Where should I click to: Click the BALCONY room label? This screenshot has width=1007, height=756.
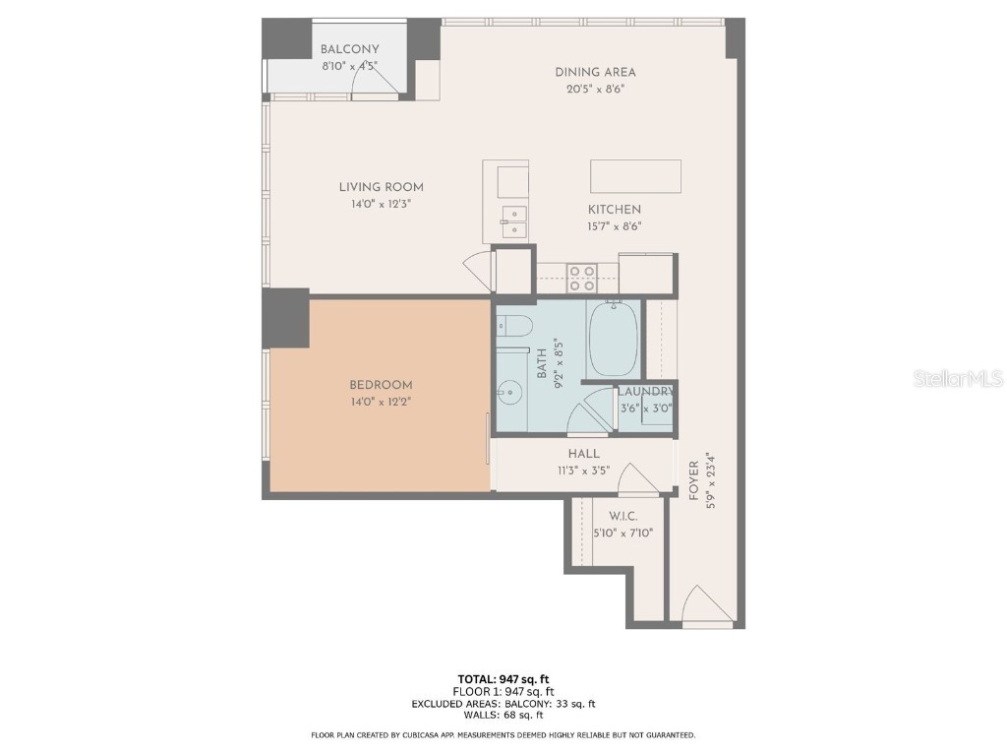click(349, 50)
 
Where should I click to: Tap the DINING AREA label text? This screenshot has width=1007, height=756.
click(595, 72)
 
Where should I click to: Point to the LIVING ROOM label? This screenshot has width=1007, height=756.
click(381, 187)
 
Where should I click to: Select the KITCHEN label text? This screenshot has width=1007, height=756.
click(614, 210)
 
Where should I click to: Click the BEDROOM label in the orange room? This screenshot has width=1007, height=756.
click(381, 385)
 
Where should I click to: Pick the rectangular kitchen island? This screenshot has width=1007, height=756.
click(635, 176)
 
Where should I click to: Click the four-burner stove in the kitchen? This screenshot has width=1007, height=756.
click(581, 278)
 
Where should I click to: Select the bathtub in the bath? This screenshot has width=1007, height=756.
click(613, 338)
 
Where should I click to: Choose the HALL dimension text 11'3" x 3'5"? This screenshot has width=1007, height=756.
click(583, 471)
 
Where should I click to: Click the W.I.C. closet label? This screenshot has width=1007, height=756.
click(623, 516)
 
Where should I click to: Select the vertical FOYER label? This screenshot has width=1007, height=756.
click(694, 481)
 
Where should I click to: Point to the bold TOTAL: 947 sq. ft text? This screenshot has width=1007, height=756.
click(503, 678)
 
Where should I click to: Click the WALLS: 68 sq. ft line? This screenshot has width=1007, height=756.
click(503, 717)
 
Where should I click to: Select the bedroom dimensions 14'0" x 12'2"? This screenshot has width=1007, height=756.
click(381, 402)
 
